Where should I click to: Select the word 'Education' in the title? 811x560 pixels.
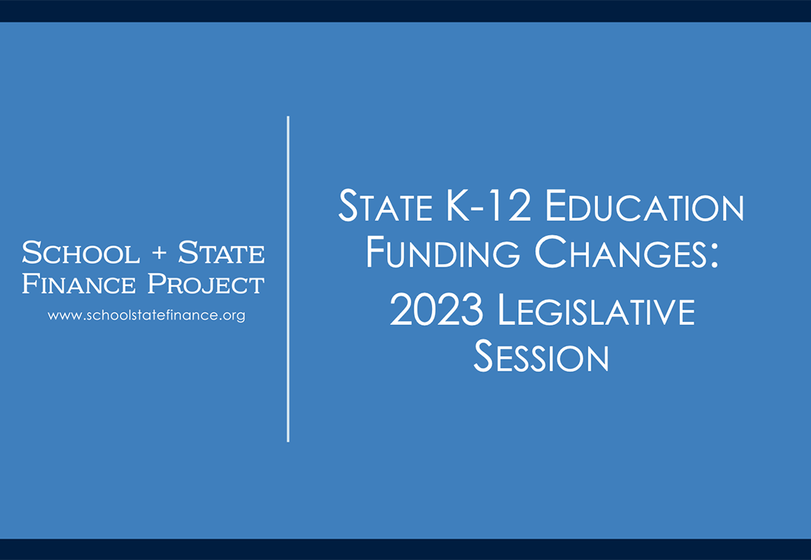click(x=644, y=208)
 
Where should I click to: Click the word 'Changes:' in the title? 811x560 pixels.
click(x=626, y=253)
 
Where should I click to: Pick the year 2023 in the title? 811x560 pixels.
click(x=436, y=311)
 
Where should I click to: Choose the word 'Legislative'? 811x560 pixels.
click(x=596, y=311)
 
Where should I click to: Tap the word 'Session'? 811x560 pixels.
click(x=541, y=357)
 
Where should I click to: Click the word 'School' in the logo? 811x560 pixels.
click(x=80, y=253)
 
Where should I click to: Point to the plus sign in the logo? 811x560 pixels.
click(x=159, y=254)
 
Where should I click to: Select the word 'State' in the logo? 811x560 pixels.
click(x=221, y=253)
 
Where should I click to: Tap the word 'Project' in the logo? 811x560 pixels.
click(x=207, y=284)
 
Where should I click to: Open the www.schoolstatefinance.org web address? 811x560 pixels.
click(x=146, y=315)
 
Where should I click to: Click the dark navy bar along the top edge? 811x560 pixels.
click(x=405, y=10)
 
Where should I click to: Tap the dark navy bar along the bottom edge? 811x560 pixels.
click(x=405, y=549)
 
